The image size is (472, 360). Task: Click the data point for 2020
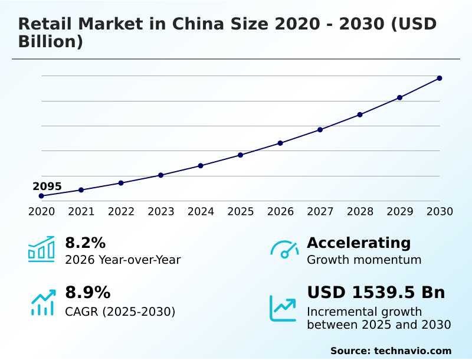click(x=41, y=196)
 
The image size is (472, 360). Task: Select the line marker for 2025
click(x=240, y=155)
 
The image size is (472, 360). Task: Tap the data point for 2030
click(x=440, y=78)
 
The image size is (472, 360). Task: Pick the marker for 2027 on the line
click(x=320, y=130)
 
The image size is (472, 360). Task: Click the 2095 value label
click(x=47, y=186)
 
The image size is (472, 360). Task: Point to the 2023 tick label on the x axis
click(x=160, y=212)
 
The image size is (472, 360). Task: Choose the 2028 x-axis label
click(x=360, y=212)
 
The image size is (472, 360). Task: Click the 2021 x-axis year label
click(x=81, y=212)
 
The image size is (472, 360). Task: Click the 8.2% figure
click(x=85, y=243)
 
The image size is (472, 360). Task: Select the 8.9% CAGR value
click(x=87, y=293)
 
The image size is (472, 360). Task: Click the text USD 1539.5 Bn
click(x=376, y=293)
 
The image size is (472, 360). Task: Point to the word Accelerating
click(x=359, y=243)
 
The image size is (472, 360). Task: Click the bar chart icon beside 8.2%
click(x=41, y=249)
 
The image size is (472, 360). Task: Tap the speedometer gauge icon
click(x=284, y=250)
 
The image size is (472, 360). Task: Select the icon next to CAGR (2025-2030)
click(x=42, y=302)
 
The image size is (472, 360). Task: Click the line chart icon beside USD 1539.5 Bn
click(x=283, y=308)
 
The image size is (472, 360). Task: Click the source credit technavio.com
click(x=412, y=351)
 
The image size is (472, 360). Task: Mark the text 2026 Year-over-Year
click(x=123, y=260)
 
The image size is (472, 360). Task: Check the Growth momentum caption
click(x=364, y=260)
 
